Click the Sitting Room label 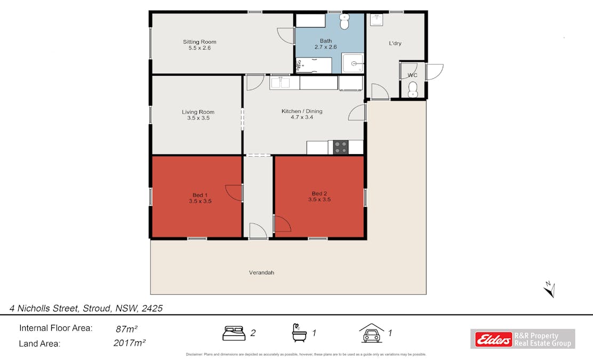(199, 45)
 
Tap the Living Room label (198, 115)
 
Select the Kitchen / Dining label (302, 114)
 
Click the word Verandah (261, 273)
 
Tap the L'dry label (395, 43)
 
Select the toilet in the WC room (412, 93)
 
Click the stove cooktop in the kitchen (341, 147)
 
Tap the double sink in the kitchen (279, 83)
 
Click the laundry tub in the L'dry (378, 20)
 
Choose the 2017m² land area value (130, 343)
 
